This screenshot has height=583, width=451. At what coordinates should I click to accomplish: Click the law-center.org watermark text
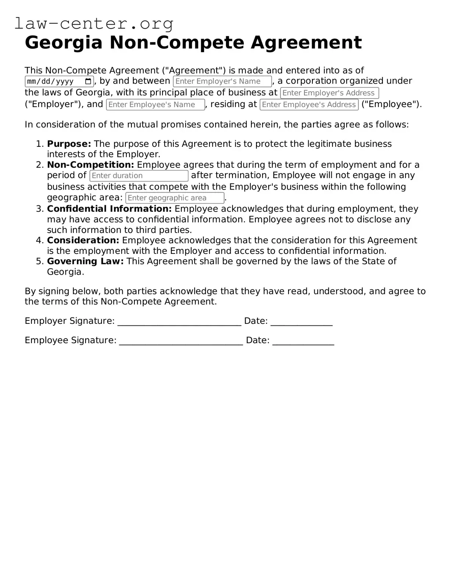94,23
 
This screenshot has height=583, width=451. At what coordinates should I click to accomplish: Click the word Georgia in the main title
64,42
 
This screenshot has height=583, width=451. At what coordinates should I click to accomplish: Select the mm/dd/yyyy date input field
53,81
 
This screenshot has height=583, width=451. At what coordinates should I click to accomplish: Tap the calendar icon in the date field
88,81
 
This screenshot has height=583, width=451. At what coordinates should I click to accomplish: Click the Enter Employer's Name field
222,81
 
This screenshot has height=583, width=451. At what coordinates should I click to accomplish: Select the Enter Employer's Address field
329,93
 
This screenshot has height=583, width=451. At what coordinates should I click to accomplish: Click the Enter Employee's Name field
155,105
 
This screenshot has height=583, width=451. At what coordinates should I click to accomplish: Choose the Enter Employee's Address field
309,105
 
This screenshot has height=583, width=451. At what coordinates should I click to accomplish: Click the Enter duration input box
139,176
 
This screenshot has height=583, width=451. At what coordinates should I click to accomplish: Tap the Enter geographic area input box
175,198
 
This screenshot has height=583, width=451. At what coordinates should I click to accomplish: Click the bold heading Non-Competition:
91,165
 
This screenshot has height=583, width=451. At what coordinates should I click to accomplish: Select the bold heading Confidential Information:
109,209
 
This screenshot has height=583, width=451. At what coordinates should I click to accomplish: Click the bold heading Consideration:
83,241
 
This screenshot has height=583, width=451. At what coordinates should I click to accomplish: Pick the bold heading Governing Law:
85,261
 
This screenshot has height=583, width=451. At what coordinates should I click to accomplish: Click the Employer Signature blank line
179,322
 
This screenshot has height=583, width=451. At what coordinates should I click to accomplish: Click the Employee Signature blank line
181,341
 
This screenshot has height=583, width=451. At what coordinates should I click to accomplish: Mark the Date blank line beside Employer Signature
301,322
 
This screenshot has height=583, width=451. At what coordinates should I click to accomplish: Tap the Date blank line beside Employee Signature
303,341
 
